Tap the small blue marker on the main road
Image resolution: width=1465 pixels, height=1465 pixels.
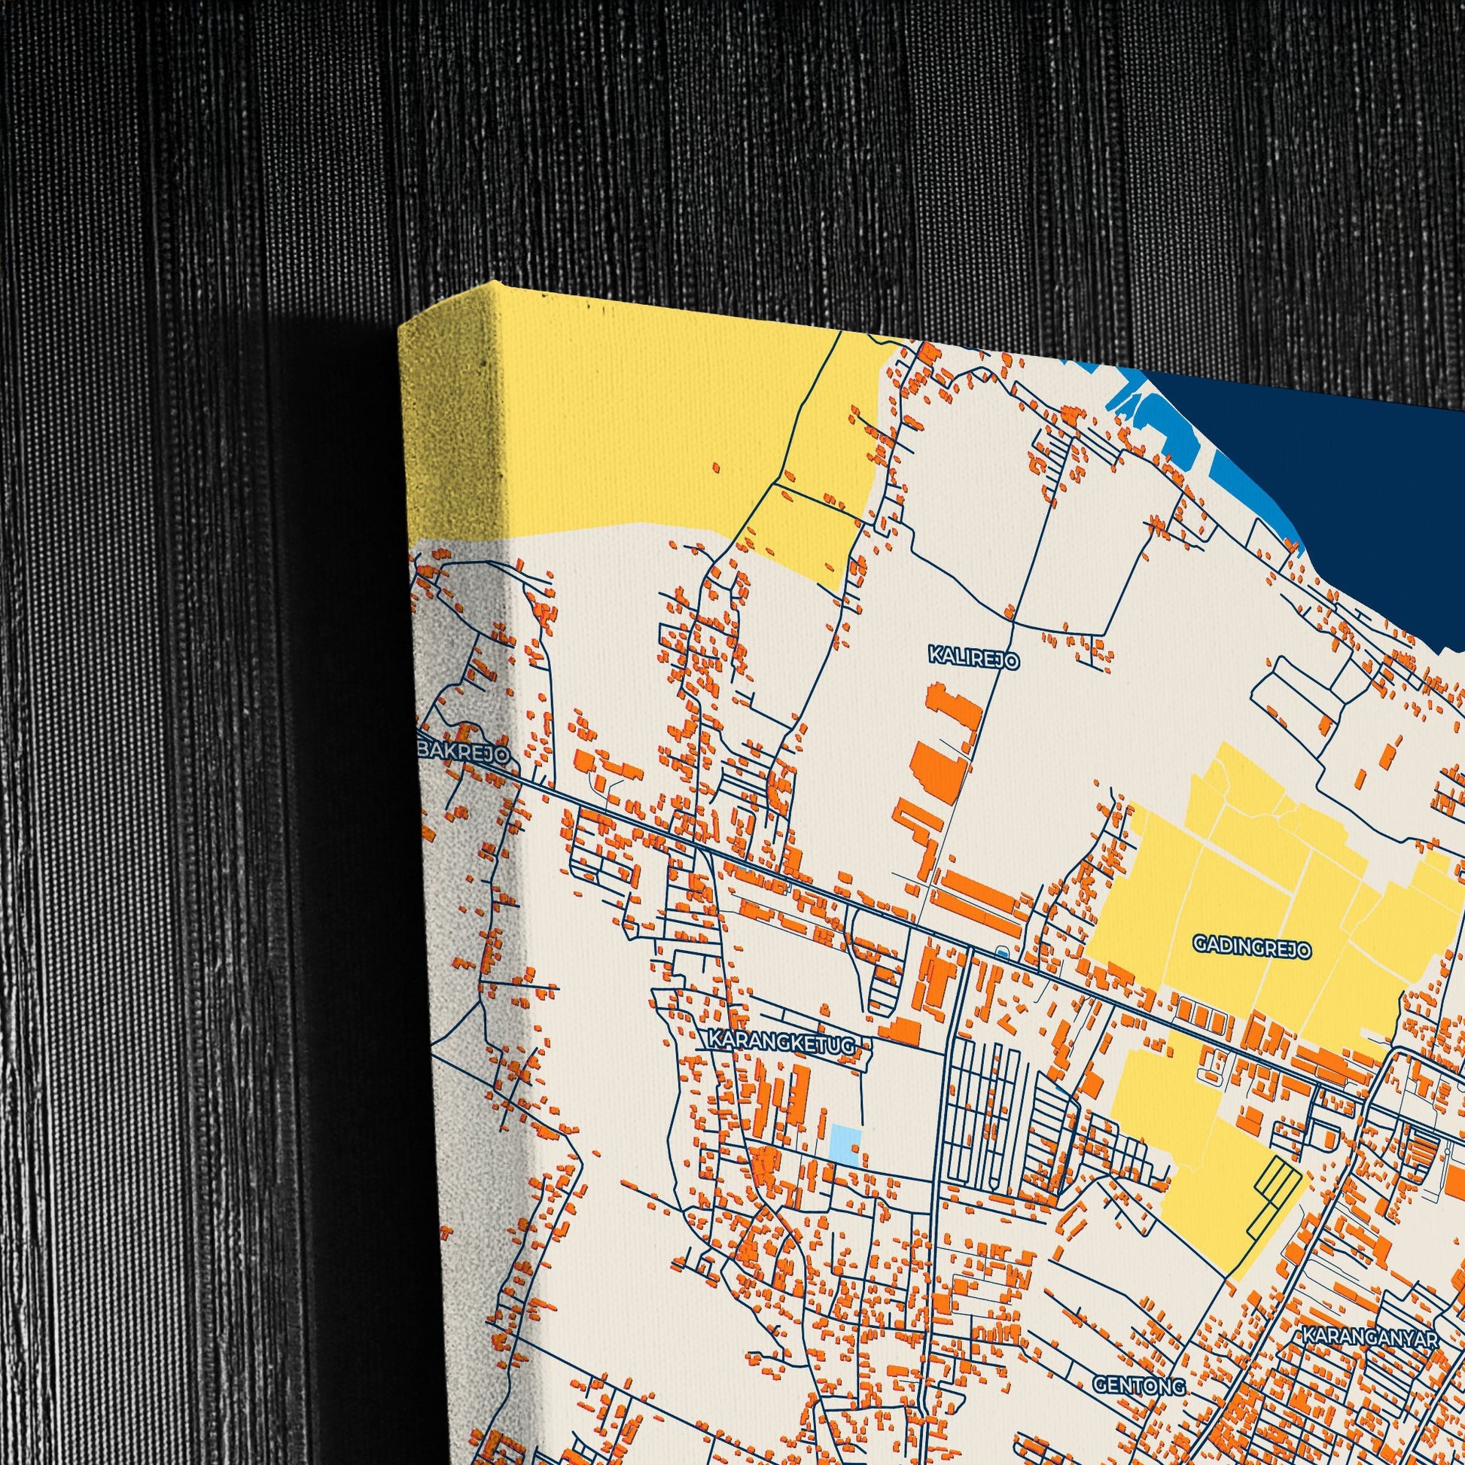pyautogui.click(x=1003, y=952)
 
